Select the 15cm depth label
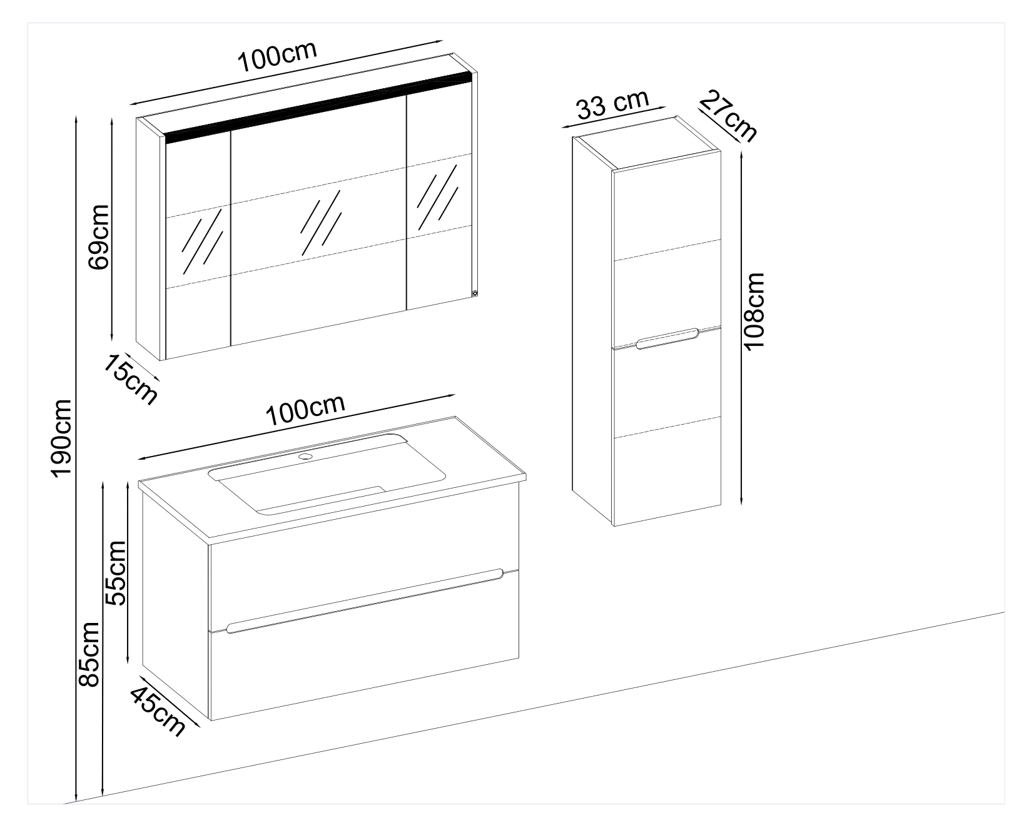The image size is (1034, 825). [130, 379]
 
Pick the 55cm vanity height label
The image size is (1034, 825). [116, 572]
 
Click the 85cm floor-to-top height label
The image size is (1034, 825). [90, 654]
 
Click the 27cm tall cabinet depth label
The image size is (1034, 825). [728, 115]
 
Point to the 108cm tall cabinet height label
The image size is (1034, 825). [755, 311]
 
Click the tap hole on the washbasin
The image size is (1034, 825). [306, 457]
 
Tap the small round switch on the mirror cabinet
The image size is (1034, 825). [474, 292]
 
